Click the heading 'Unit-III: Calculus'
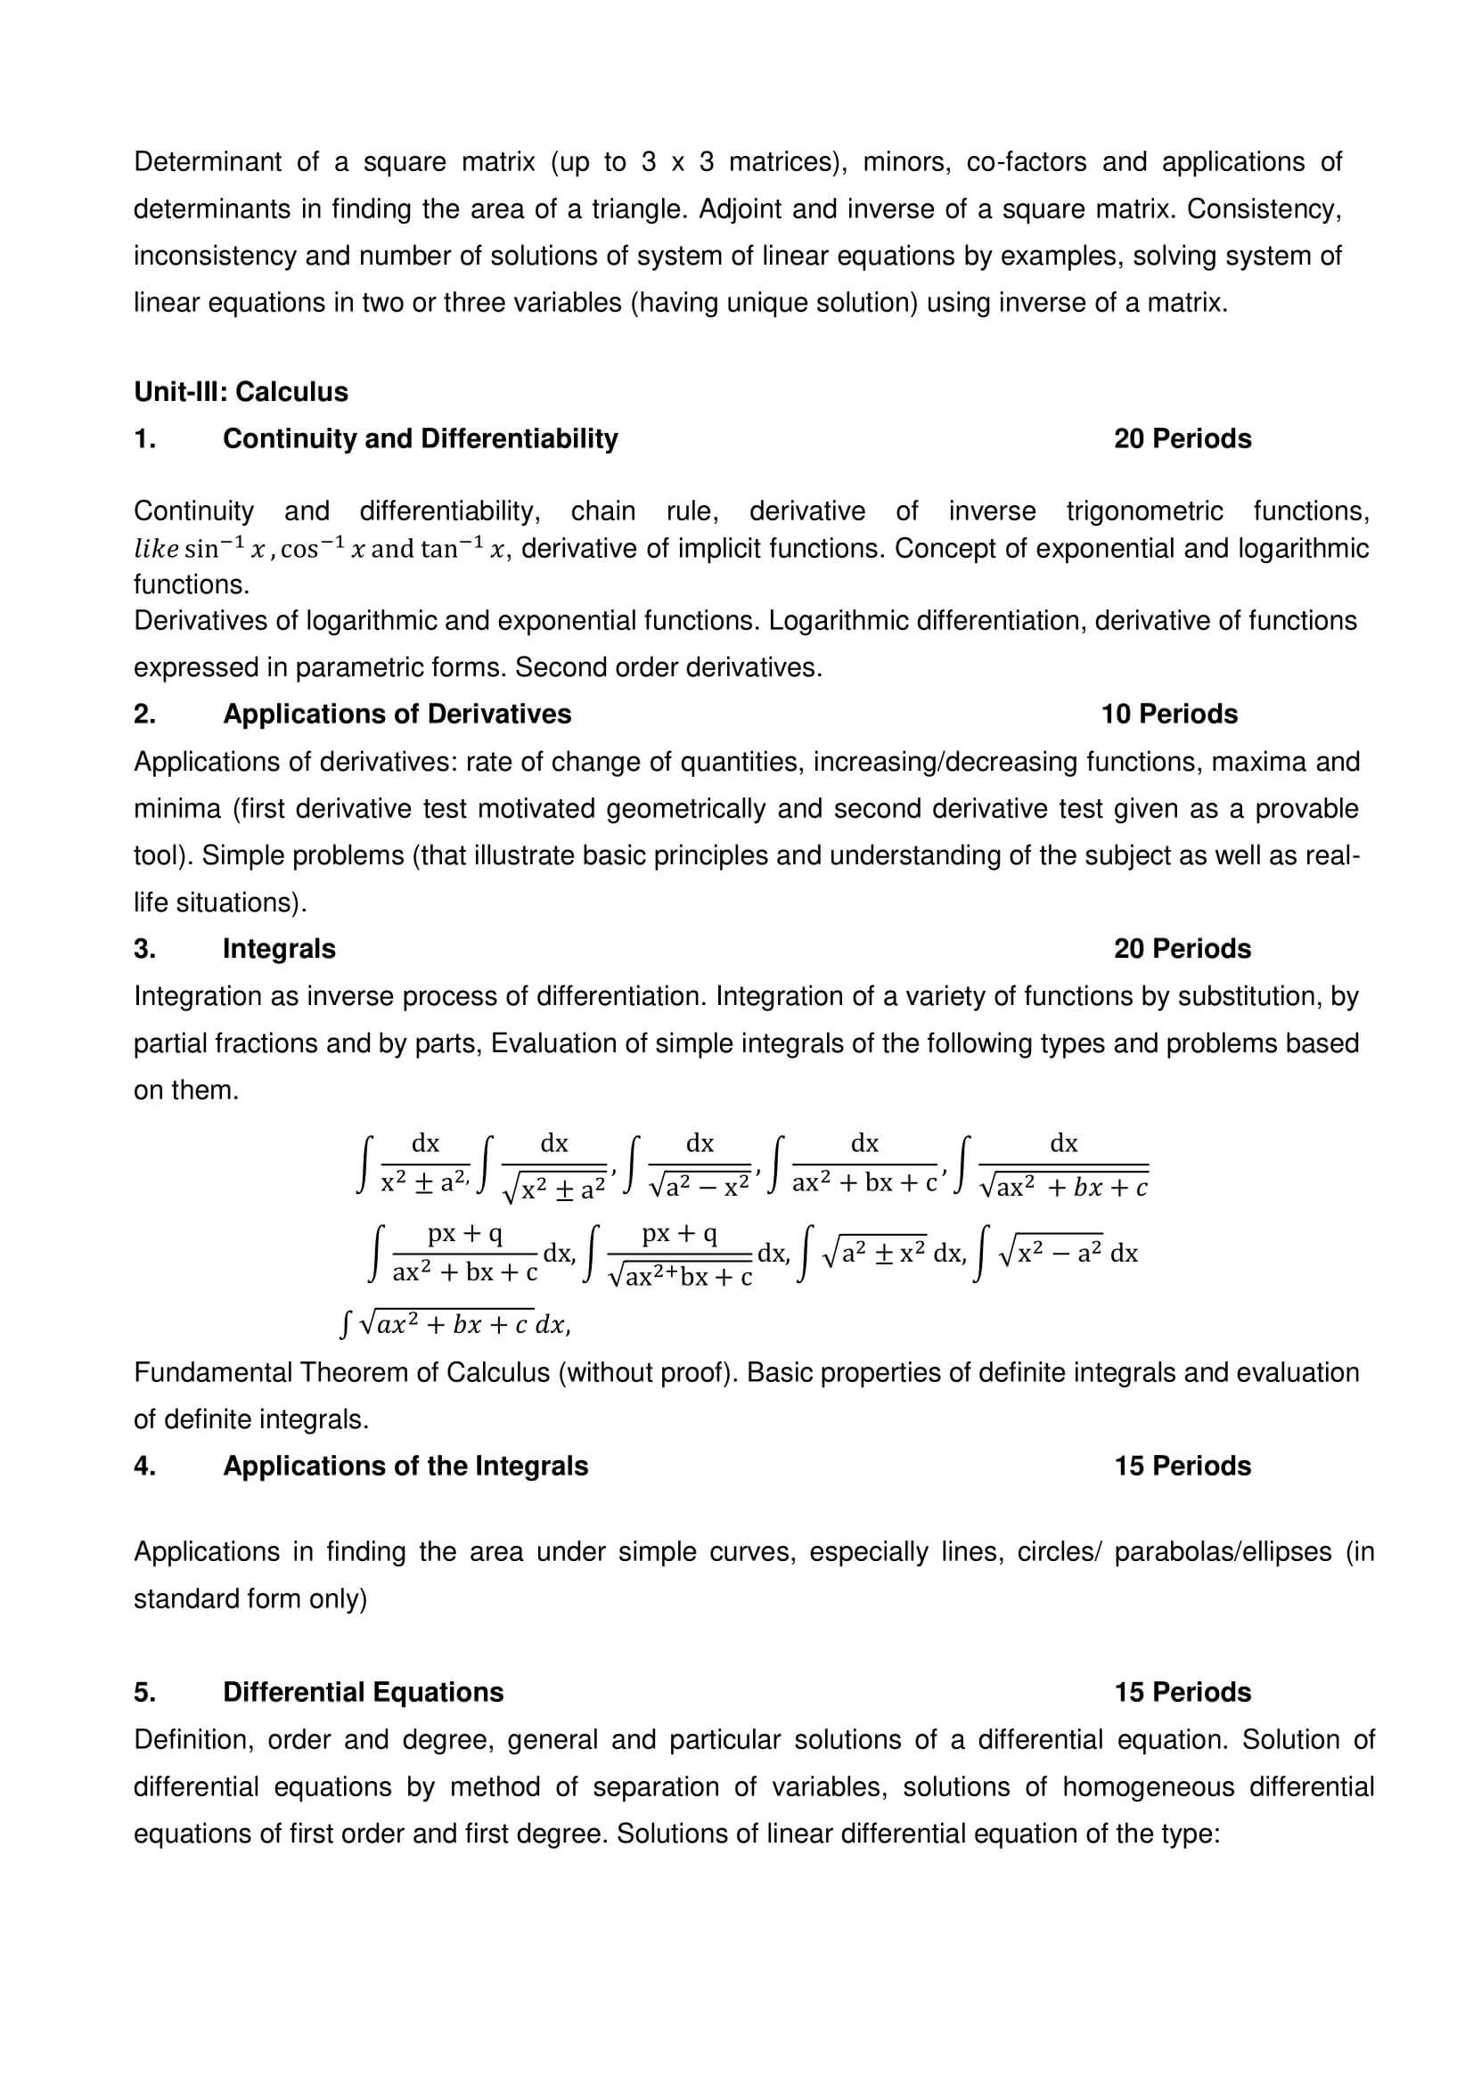click(241, 392)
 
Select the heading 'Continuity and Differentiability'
click(421, 439)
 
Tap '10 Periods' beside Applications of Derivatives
click(1169, 715)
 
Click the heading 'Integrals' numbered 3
click(279, 950)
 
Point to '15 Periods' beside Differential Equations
click(1182, 1693)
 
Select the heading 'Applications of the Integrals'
click(405, 1467)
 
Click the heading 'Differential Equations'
click(363, 1693)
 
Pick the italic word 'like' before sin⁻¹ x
click(155, 550)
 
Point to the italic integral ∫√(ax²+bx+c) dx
click(454, 1325)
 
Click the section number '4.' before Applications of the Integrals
click(144, 1467)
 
